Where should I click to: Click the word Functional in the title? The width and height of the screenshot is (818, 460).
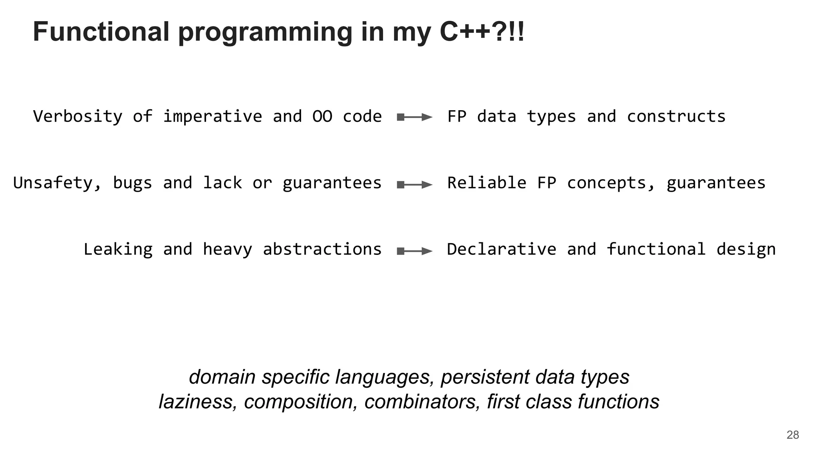coord(101,32)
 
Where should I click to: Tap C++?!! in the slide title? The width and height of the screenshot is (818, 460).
coord(482,32)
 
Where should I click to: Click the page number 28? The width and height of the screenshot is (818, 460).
coord(792,435)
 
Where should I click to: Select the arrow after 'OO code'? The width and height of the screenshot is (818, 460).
coord(415,117)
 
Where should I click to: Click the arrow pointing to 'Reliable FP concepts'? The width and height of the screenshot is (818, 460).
coord(415,184)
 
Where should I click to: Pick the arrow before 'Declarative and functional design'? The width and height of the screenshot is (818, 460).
coord(415,251)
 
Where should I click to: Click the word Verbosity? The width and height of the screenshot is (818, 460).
coord(77,117)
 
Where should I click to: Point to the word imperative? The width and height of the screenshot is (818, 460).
coord(212,117)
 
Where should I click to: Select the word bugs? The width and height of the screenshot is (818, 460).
coord(133,183)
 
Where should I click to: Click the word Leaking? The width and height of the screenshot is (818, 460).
coord(118,249)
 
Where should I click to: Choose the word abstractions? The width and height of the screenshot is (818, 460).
coord(322,249)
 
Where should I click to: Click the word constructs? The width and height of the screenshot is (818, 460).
coord(676,117)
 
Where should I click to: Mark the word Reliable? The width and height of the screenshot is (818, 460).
coord(486,183)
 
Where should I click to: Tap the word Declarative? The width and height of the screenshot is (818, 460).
coord(501,249)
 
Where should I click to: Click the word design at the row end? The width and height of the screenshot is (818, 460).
coord(746,249)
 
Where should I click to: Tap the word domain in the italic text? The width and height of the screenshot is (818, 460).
coord(222,377)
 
